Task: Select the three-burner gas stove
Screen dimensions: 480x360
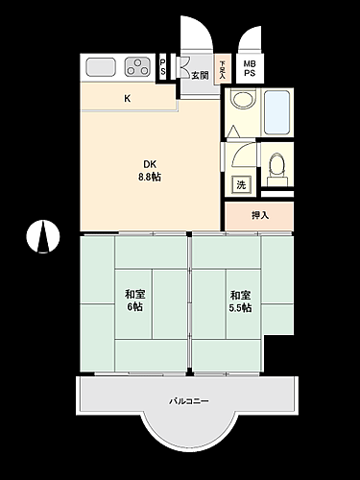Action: click(x=136, y=67)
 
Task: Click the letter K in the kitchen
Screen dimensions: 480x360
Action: click(x=127, y=98)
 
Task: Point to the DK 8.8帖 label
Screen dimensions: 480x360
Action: click(x=152, y=169)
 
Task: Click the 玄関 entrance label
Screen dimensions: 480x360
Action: click(x=199, y=74)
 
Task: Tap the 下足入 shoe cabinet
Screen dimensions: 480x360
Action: click(x=223, y=68)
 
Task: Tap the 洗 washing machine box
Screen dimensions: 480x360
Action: click(x=240, y=182)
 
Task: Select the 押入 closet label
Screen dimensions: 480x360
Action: click(x=259, y=215)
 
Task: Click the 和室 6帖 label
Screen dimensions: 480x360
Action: click(x=133, y=300)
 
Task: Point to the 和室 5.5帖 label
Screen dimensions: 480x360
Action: click(x=239, y=301)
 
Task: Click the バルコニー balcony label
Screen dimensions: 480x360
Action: click(x=188, y=400)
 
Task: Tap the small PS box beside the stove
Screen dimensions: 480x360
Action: click(x=162, y=67)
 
